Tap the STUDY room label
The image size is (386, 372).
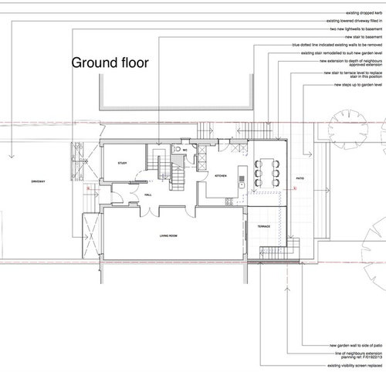click(121, 164)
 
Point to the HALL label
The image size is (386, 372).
click(147, 196)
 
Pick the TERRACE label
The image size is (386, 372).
click(262, 226)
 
